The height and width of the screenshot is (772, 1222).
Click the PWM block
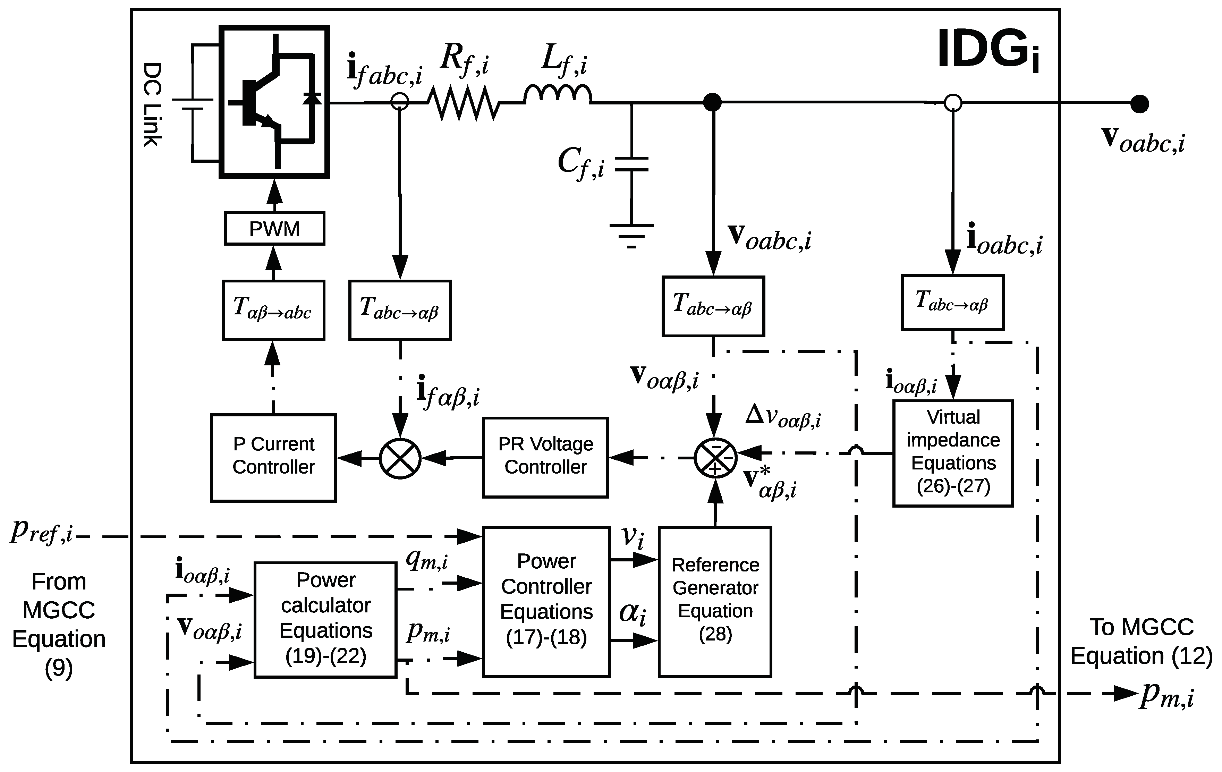point(274,229)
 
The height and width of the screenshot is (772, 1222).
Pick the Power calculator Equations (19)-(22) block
point(325,619)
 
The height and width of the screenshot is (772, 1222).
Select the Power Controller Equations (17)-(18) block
point(546,601)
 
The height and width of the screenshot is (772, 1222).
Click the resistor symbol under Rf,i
point(463,103)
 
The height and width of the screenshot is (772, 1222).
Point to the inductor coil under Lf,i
point(557,95)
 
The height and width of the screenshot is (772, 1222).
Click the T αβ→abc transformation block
point(273,309)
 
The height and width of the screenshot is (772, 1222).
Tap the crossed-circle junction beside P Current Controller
point(400,458)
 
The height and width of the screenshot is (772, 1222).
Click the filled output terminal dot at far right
point(1140,103)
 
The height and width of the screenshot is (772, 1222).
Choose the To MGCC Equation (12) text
point(1141,642)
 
